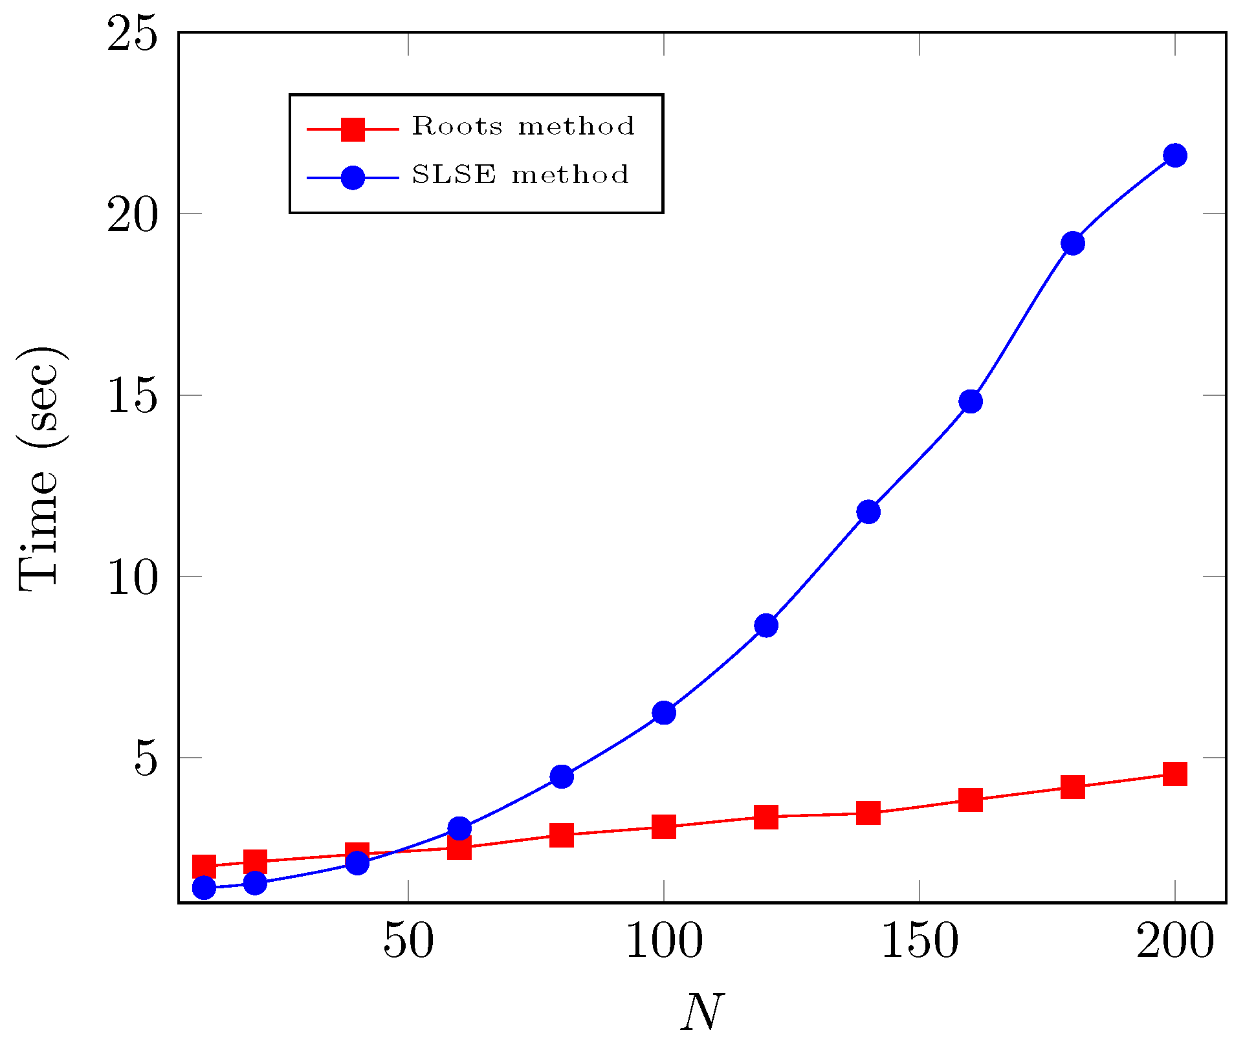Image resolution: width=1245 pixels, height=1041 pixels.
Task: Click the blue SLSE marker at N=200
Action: point(1174,155)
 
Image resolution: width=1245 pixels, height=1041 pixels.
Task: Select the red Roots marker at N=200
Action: point(1174,773)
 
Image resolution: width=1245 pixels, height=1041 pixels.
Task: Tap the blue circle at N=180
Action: point(1072,243)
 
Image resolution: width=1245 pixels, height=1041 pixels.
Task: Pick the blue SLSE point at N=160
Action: point(971,401)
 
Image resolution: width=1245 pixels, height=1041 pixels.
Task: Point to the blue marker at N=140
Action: point(868,512)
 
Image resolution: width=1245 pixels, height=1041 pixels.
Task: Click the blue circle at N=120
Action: point(766,625)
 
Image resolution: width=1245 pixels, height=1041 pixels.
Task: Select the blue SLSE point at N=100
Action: point(664,712)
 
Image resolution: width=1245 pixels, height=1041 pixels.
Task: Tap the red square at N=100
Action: point(664,826)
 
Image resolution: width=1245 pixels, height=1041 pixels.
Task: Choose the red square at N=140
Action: point(868,813)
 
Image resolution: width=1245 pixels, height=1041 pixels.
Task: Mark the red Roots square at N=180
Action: point(1072,787)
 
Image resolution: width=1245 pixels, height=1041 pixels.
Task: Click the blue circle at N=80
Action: point(562,776)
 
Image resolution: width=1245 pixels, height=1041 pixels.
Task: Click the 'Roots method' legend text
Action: point(523,126)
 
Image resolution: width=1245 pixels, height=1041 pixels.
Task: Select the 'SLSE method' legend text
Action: point(520,175)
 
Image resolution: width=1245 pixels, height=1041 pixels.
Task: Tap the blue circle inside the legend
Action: point(353,177)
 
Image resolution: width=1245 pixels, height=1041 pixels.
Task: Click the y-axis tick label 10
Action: point(132,577)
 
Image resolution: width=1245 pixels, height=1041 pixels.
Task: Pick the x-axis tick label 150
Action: point(920,943)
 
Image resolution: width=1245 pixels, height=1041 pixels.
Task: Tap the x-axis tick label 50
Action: point(408,943)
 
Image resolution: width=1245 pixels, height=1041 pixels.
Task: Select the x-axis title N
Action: point(702,1011)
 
